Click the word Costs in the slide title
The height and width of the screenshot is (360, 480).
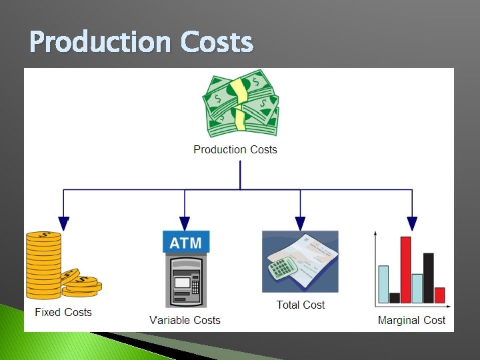[217, 43]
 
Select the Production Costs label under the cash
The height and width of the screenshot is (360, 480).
[235, 149]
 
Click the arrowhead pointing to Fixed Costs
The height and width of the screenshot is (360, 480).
[63, 223]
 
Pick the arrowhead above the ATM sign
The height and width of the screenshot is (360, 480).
[185, 223]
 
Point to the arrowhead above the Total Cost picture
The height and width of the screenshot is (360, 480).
[300, 223]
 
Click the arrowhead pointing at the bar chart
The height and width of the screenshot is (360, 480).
[412, 223]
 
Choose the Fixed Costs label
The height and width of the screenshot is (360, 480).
[63, 312]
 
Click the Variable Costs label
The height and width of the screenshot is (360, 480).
[185, 320]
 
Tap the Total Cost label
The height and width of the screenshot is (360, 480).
[301, 305]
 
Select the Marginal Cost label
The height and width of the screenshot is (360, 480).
[411, 320]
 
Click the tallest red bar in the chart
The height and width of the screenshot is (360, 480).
[405, 269]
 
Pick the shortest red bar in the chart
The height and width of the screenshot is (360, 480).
[439, 295]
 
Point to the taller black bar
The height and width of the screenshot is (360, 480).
[428, 278]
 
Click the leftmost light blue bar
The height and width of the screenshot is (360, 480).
[383, 284]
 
